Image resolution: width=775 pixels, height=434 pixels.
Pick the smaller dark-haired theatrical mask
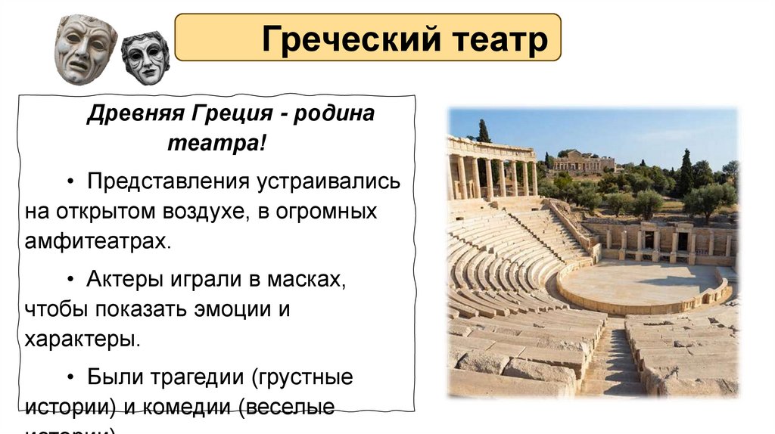(145, 57)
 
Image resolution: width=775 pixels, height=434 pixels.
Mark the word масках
(306, 280)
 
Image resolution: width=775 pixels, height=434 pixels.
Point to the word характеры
(82, 338)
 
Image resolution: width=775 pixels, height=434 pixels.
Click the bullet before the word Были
(70, 376)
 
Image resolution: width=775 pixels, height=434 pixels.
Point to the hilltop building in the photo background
(583, 161)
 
